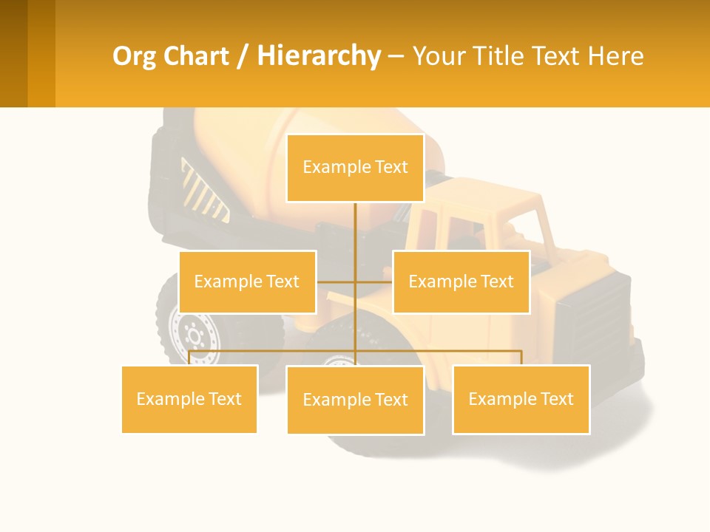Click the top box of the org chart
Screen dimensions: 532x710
355,168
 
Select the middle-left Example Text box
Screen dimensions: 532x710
247,282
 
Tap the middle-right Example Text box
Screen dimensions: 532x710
461,282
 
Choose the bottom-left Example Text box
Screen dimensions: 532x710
189,399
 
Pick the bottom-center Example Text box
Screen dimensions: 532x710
355,400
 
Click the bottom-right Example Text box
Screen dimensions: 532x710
521,399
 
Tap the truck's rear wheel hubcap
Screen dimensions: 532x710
195,337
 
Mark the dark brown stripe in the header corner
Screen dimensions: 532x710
13,53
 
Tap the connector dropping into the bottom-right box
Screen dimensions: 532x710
521,357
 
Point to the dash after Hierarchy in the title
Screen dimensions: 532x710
396,56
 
